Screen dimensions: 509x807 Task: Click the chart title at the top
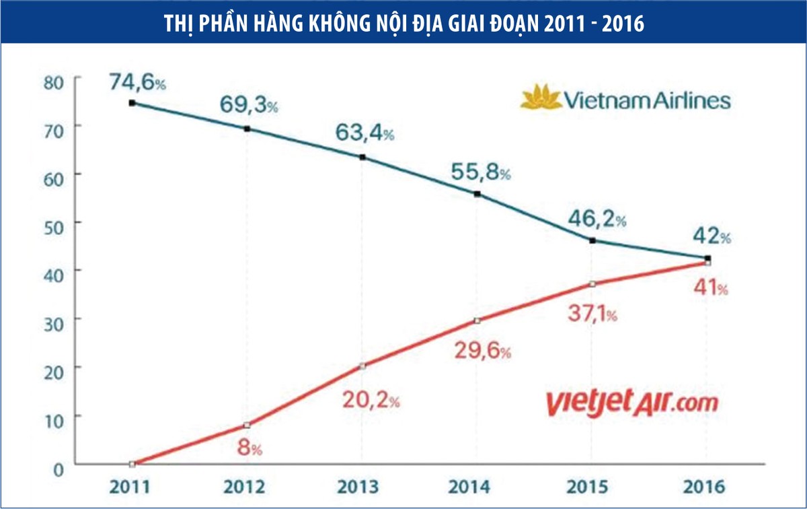pos(403,23)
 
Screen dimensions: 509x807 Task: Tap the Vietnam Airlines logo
pos(625,100)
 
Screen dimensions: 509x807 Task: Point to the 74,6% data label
pos(137,83)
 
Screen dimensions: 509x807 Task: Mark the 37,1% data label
pos(592,314)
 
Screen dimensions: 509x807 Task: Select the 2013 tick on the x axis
pos(362,486)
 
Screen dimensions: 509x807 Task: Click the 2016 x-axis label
pos(706,486)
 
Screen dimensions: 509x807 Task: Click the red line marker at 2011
pos(132,464)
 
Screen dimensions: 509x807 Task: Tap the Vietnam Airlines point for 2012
pos(247,129)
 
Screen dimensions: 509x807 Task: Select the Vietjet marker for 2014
pos(477,320)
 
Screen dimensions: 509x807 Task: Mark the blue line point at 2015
pos(592,240)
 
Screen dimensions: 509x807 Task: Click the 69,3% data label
pos(249,106)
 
